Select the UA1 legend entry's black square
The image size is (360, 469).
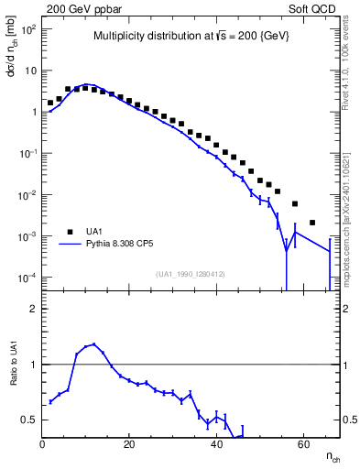coord(71,232)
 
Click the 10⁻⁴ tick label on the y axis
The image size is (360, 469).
coord(27,278)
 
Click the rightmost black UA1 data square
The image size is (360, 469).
coord(312,223)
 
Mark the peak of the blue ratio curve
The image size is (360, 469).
coord(94,344)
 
